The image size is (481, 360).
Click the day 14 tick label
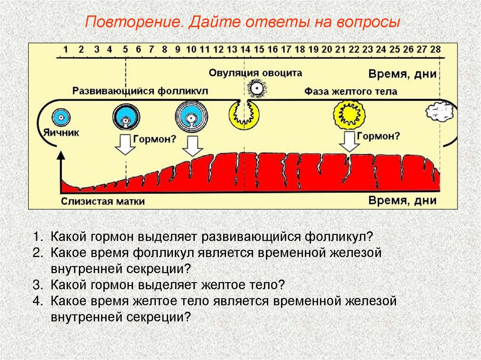click(245, 49)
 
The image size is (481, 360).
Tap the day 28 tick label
click(435, 49)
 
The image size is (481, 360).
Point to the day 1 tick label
click(66, 49)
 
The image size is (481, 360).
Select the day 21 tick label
click(340, 49)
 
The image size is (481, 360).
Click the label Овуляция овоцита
click(256, 73)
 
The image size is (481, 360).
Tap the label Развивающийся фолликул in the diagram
click(140, 91)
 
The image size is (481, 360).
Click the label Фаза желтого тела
click(350, 91)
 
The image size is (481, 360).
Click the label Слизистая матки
click(102, 201)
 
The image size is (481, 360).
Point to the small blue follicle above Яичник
click(60, 116)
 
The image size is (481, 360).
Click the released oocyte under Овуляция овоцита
click(256, 88)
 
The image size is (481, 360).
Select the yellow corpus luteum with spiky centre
click(349, 114)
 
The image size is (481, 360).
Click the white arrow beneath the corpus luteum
click(349, 142)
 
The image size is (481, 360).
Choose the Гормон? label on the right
click(378, 137)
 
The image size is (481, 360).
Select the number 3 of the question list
click(37, 285)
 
